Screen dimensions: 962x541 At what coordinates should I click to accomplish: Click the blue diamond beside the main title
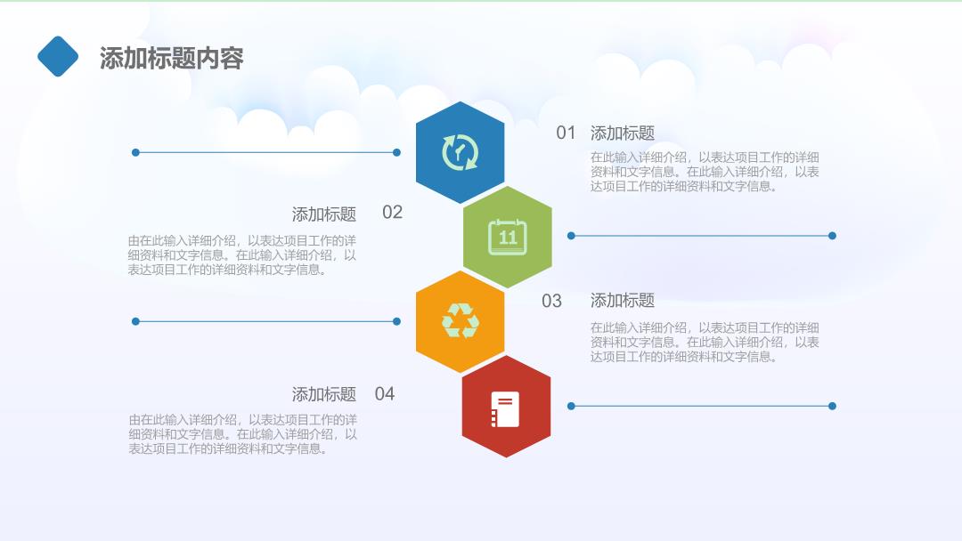point(58,56)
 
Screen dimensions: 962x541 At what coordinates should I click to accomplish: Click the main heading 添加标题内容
point(172,58)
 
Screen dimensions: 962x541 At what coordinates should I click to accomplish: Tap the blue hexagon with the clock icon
point(461,152)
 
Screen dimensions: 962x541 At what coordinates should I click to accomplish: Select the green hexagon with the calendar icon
point(508,237)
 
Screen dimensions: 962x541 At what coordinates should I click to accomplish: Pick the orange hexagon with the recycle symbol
point(461,321)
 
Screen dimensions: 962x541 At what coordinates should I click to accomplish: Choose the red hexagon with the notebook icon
point(506,407)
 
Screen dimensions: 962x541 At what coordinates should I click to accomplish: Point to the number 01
point(566,133)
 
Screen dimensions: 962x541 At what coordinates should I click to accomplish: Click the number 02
point(392,213)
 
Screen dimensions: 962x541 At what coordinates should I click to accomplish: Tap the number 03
point(551,301)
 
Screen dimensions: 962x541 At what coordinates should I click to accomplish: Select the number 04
point(385,393)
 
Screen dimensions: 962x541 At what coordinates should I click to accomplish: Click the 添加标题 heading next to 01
point(622,133)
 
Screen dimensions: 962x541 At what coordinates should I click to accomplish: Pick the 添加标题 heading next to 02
point(324,214)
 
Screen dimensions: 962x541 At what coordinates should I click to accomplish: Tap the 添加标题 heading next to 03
point(622,300)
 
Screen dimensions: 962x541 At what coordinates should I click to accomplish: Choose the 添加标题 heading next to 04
point(324,394)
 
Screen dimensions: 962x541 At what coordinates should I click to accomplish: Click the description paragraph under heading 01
point(705,172)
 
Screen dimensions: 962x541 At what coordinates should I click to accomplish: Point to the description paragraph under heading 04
point(242,434)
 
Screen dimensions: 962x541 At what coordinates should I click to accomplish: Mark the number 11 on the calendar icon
point(508,238)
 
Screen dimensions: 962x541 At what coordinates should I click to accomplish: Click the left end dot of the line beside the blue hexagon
point(135,152)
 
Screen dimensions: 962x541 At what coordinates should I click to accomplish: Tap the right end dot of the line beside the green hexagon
point(832,236)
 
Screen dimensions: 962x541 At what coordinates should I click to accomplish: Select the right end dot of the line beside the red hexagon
point(832,407)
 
